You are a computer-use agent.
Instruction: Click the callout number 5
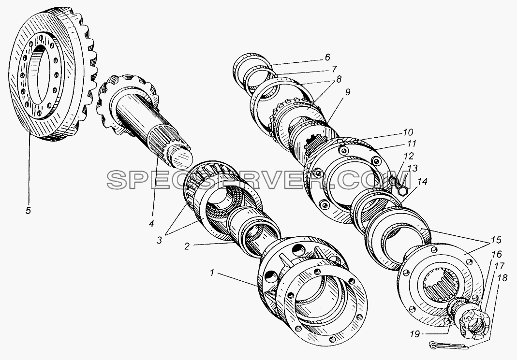click(29, 210)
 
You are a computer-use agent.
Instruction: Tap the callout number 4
click(151, 224)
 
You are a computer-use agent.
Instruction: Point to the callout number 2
click(187, 246)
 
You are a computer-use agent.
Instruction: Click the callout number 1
click(212, 273)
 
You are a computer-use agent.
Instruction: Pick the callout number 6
click(327, 58)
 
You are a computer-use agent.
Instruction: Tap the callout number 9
click(348, 93)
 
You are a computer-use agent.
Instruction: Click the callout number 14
click(422, 181)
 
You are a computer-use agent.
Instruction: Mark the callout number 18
click(503, 278)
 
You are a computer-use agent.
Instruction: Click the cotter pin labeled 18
click(449, 346)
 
